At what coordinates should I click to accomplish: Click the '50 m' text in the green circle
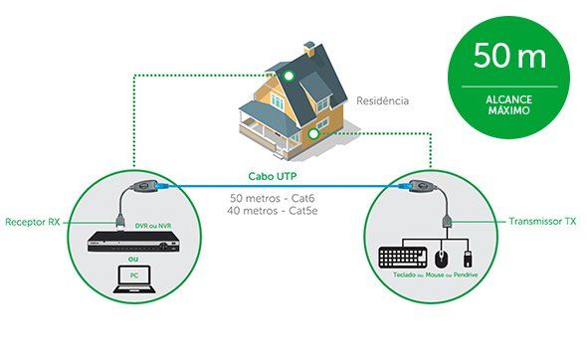coord(509,56)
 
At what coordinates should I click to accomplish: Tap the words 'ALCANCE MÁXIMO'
coord(509,106)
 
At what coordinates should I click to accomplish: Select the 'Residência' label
coord(383,101)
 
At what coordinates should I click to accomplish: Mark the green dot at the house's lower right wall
coord(312,132)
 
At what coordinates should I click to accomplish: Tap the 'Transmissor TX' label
coord(543,221)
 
